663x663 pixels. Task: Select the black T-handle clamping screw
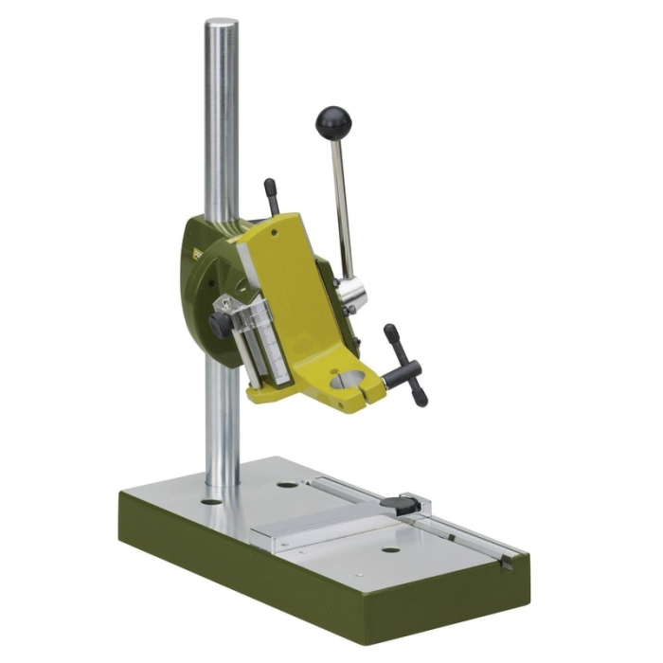tap(405, 365)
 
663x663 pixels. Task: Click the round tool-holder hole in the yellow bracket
tap(351, 384)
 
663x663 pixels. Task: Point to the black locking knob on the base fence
tap(408, 506)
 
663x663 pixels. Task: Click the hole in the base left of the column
tap(211, 500)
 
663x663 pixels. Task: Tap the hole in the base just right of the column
tap(287, 485)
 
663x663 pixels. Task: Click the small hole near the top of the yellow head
tap(275, 228)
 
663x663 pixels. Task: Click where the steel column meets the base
tap(224, 481)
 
